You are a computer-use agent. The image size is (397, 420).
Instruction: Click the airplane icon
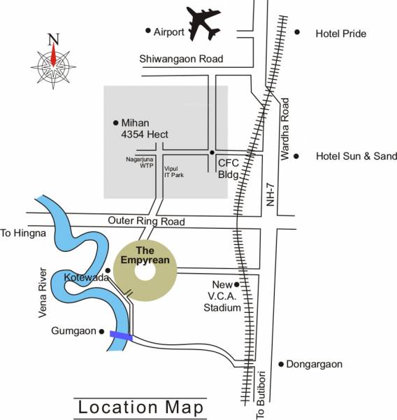point(204,25)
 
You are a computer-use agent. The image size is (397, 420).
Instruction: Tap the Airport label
point(169,31)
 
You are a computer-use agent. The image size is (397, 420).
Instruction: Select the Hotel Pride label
point(340,34)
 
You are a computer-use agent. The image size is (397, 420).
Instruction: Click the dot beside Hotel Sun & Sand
point(296,156)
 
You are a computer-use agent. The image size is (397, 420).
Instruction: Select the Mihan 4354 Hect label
point(144,128)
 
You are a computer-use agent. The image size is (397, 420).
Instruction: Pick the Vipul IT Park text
point(173,171)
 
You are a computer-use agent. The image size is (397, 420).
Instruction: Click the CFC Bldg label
point(229,167)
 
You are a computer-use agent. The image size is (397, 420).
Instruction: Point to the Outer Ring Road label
point(146,221)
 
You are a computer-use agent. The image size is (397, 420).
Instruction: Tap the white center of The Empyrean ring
point(145,273)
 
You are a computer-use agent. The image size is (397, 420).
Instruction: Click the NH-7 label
point(272,192)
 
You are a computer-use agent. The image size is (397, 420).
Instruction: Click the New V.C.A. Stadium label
point(226,295)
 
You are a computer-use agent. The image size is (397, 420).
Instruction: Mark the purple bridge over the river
point(121,337)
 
